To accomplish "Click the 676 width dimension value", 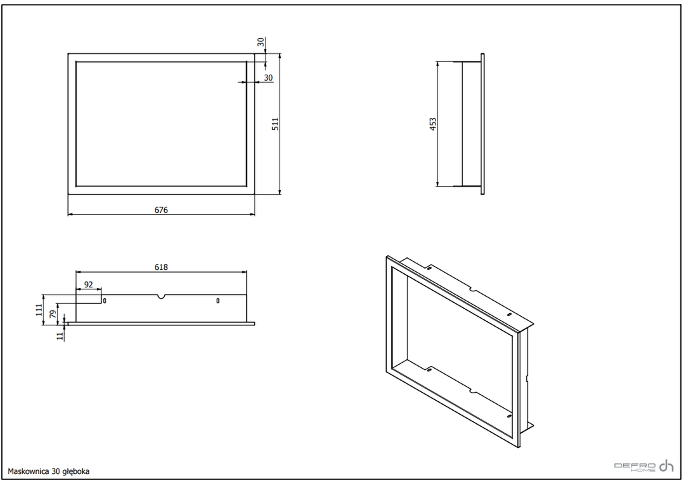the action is [x=161, y=210].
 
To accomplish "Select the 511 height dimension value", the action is [x=275, y=124].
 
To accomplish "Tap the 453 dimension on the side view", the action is [x=432, y=124].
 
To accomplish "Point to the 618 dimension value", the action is [x=161, y=267].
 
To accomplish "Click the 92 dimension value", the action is [x=89, y=284].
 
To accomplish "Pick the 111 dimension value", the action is [x=39, y=309].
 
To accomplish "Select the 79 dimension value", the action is [x=53, y=314].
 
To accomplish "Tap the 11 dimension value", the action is [x=60, y=335].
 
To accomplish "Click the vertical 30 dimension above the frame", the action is [x=261, y=42].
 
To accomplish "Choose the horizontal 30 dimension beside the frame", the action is [x=268, y=77].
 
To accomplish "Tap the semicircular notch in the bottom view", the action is [x=161, y=297].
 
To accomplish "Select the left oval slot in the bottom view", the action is [x=105, y=300].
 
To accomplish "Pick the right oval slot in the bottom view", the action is [x=218, y=300].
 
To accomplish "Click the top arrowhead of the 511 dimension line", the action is [x=279, y=56].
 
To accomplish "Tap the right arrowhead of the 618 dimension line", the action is [x=244, y=272].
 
